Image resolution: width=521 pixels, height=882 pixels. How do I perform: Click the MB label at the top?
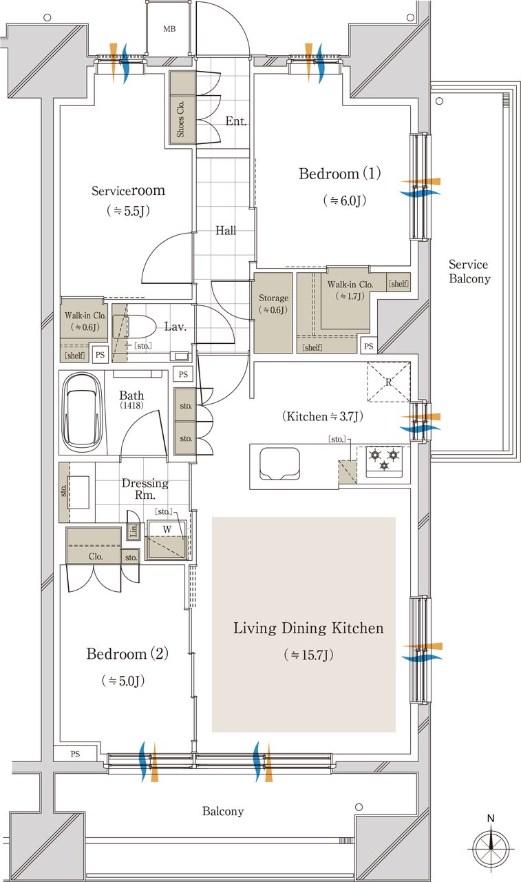point(169,29)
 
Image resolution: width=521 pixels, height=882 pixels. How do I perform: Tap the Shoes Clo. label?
point(180,119)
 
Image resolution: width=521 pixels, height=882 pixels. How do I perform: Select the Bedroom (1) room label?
point(340,174)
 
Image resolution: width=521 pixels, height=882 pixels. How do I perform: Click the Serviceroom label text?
point(128,191)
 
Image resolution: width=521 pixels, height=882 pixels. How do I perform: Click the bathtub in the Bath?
point(82,413)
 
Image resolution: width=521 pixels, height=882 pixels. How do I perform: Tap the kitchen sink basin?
point(279,464)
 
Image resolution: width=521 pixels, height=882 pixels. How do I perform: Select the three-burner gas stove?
point(384,461)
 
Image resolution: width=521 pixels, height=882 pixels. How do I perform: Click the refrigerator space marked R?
point(388,382)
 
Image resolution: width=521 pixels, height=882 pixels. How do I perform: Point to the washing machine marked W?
point(167,540)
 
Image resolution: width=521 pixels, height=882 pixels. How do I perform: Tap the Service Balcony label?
point(469,271)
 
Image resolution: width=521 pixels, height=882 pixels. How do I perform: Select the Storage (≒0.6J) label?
point(273,304)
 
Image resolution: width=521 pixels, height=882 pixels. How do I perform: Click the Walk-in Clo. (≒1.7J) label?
point(350,290)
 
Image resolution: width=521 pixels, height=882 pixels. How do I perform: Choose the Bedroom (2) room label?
point(127,654)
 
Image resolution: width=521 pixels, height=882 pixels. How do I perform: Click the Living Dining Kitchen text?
point(308,628)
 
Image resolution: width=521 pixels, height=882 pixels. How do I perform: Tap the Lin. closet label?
point(134,531)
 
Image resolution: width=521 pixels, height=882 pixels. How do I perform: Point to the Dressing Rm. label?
point(145,489)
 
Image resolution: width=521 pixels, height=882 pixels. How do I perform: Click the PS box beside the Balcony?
point(75,754)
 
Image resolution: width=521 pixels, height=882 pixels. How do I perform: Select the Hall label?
point(226,230)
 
